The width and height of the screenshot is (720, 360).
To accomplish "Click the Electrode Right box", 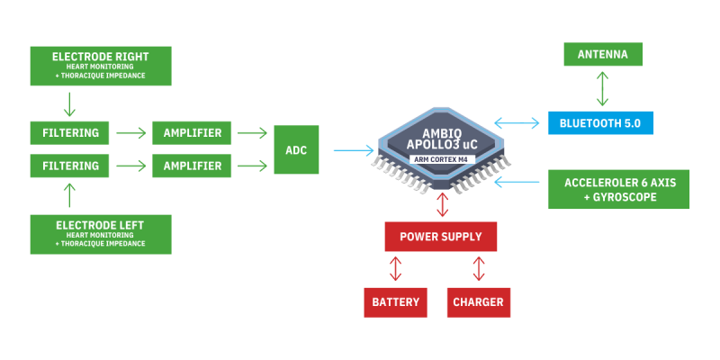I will tap(101, 66).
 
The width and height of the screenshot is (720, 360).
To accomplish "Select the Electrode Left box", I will tap(101, 233).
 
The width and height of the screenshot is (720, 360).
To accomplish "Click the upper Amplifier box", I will tap(192, 133).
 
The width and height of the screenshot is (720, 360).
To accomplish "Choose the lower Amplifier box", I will tap(192, 166).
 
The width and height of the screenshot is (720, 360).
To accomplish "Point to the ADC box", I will tap(295, 149).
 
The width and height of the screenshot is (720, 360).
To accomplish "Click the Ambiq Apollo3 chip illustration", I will tap(441, 149).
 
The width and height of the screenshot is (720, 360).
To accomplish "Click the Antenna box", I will tap(603, 54).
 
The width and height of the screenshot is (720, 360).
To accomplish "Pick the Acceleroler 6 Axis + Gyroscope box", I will tap(618, 190).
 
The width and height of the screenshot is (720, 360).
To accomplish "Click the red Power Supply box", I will tap(440, 238).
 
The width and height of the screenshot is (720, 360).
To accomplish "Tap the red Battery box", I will tap(395, 302).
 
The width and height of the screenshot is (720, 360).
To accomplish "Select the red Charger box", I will tap(478, 302).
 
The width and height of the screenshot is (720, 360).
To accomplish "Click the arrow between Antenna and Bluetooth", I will tap(603, 88).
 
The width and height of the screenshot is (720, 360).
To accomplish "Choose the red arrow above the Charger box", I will tap(479, 269).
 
